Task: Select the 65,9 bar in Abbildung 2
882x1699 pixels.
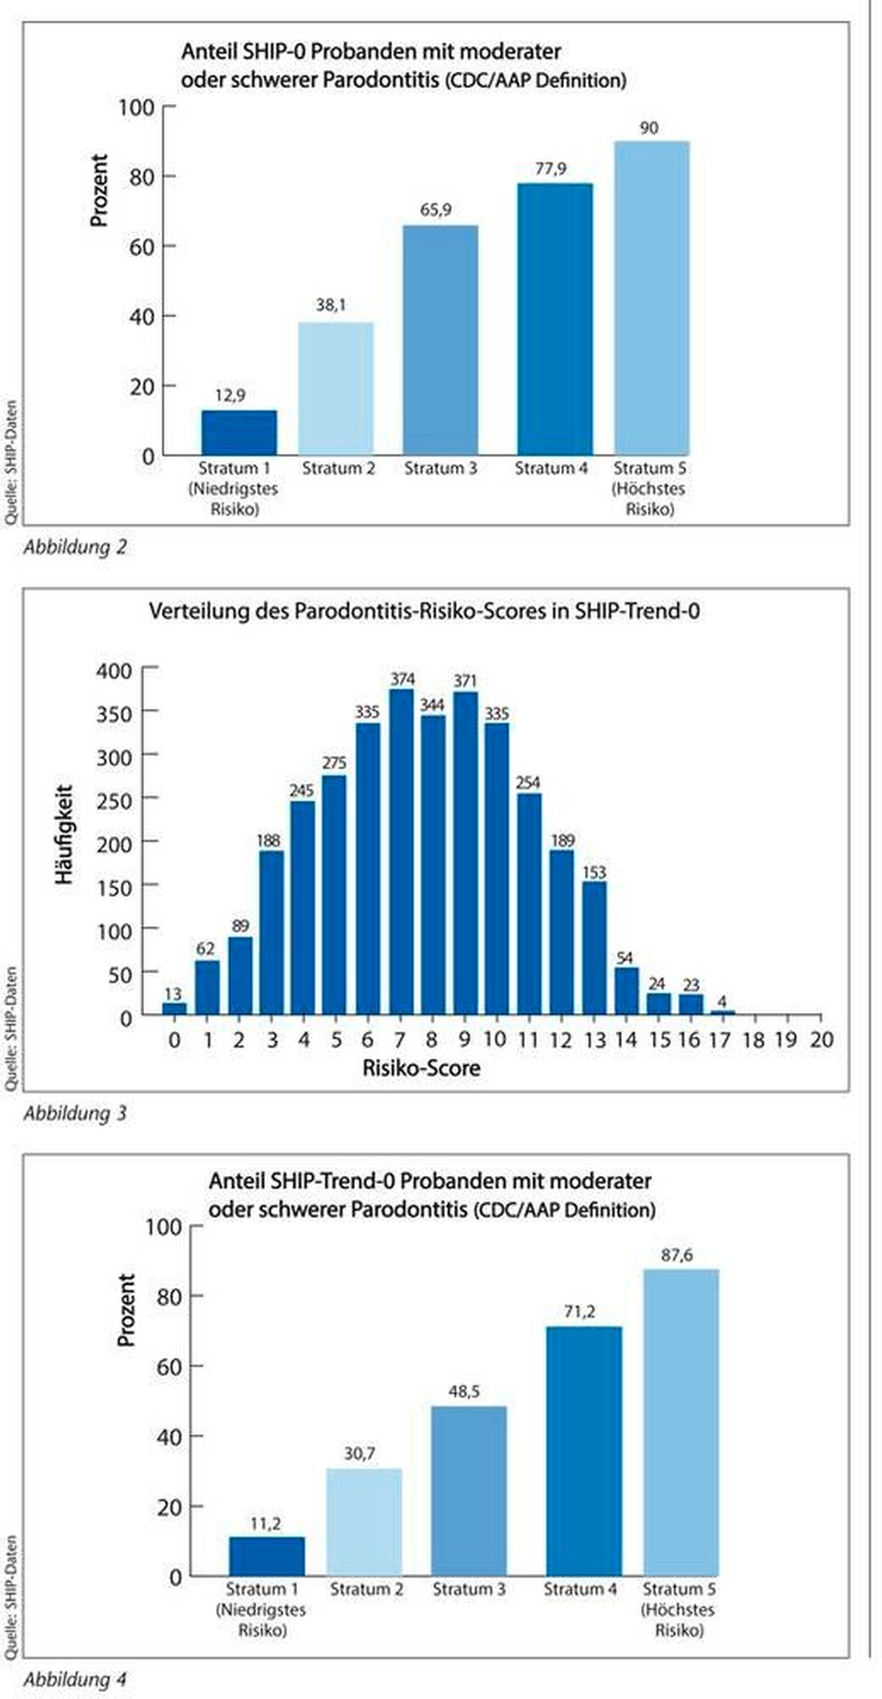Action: tap(441, 340)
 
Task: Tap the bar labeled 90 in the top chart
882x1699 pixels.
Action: tap(652, 297)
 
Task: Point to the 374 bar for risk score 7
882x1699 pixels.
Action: tap(402, 851)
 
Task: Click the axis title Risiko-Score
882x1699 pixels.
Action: tap(421, 1068)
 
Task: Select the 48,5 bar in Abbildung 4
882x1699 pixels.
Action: tap(469, 1491)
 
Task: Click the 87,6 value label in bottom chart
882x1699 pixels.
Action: tap(677, 1255)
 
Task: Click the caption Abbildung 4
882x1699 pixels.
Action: tap(75, 1679)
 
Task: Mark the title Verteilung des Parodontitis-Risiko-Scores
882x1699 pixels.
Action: tap(424, 611)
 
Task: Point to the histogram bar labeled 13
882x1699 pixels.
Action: tap(174, 1008)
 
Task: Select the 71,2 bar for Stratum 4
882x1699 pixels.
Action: tap(584, 1451)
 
